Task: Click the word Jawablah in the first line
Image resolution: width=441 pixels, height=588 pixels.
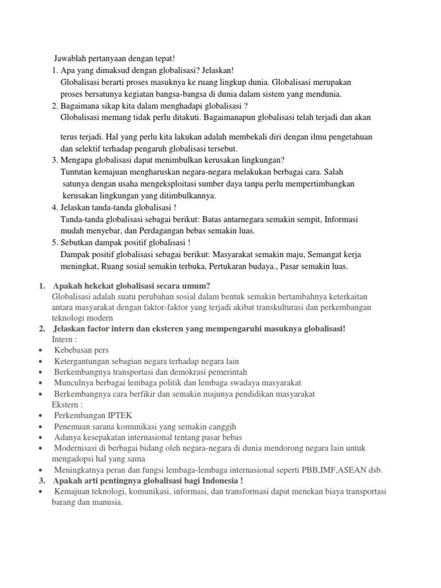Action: [x=69, y=59]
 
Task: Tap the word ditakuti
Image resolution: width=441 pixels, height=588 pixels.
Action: [x=178, y=117]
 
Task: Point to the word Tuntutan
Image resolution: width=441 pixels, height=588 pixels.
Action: [x=78, y=172]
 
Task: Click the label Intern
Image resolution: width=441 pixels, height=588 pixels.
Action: [x=62, y=339]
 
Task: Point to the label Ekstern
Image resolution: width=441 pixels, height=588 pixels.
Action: [x=64, y=404]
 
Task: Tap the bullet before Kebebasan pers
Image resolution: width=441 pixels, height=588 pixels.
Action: [x=41, y=350]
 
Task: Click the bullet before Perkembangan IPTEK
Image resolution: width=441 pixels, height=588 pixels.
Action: [x=41, y=415]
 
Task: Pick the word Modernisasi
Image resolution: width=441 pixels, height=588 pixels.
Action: [x=78, y=448]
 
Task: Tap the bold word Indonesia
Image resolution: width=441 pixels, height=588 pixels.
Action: [x=220, y=480]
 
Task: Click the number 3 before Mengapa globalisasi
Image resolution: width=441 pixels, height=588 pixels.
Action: [x=54, y=160]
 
